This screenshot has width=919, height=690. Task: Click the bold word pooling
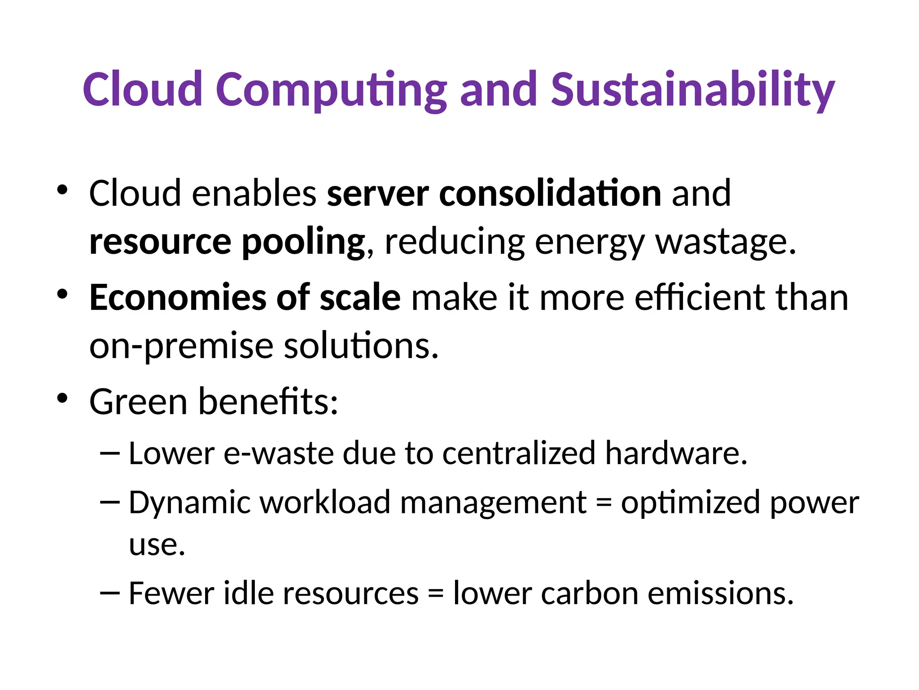(303, 243)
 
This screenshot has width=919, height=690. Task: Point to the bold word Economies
(177, 297)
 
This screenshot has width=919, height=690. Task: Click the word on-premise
(181, 347)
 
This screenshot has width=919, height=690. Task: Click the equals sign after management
(604, 503)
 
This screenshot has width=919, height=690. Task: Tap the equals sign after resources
(435, 594)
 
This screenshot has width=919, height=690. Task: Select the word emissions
(721, 594)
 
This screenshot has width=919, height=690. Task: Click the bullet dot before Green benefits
(62, 398)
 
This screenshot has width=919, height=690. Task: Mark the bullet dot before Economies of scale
(62, 294)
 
